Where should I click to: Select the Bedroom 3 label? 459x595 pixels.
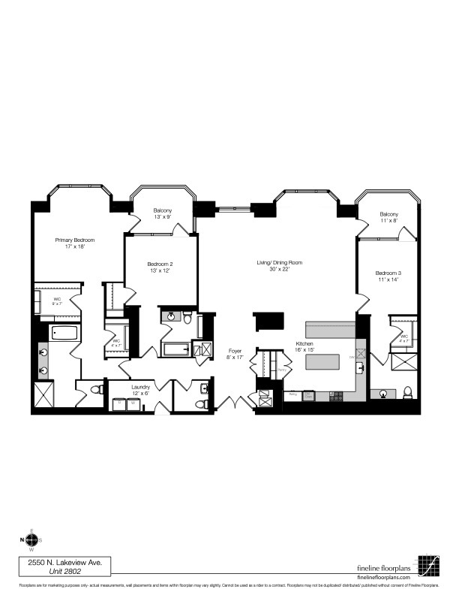pos(383,275)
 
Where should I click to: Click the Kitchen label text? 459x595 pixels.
pos(305,346)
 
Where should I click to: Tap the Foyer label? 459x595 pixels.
pos(235,354)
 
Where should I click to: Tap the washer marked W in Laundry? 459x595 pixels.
pos(133,403)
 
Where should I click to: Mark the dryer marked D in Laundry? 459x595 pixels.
pos(119,403)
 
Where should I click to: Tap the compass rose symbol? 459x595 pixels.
pos(31,539)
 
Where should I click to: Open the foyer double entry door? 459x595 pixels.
pos(235,403)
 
